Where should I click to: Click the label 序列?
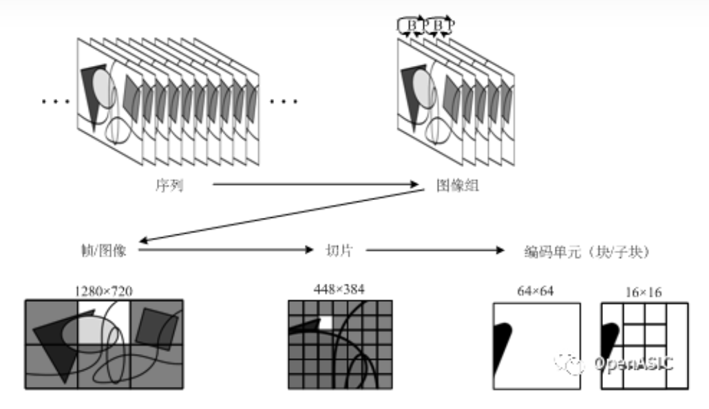(169, 184)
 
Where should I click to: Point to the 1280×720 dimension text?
(103, 291)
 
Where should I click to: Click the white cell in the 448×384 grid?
(326, 322)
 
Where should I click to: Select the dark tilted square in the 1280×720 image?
(153, 326)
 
